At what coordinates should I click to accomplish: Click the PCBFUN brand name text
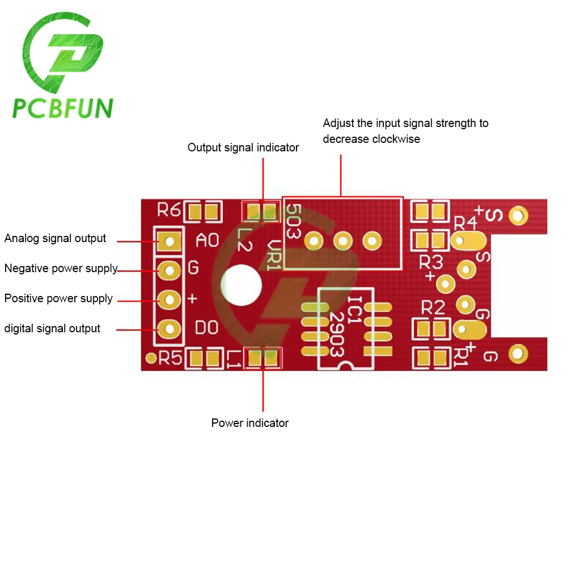click(63, 108)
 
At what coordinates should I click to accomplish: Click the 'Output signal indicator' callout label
click(243, 147)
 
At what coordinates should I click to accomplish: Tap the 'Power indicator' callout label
click(249, 423)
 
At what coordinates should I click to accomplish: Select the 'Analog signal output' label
click(55, 238)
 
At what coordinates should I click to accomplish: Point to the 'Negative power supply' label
click(61, 268)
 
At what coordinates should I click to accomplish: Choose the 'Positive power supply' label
click(58, 298)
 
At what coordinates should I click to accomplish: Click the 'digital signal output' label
click(52, 328)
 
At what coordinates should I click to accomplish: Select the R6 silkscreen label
click(168, 211)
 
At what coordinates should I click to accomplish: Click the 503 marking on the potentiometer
click(293, 221)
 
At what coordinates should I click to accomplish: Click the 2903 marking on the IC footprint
click(337, 335)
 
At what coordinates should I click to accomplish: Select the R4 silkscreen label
click(466, 222)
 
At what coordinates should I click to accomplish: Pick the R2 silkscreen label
click(433, 308)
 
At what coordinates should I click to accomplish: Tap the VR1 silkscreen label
click(274, 252)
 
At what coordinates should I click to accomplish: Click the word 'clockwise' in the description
click(396, 139)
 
